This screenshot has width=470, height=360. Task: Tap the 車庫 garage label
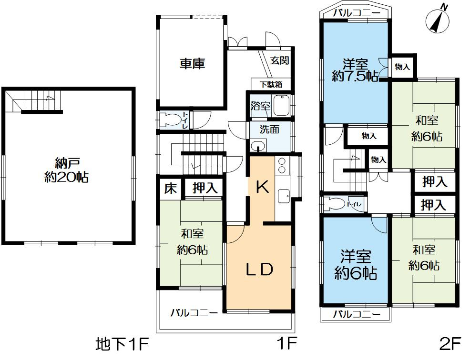point(192,63)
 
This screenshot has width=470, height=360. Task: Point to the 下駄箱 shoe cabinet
point(270,84)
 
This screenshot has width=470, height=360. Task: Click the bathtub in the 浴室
point(281,105)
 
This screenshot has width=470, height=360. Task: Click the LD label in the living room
point(259,270)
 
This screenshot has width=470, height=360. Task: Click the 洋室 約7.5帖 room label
point(355,70)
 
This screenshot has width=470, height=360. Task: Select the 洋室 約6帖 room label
point(356,265)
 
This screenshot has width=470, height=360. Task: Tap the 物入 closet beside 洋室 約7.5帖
point(403,67)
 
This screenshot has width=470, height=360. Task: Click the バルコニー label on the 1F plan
point(194,313)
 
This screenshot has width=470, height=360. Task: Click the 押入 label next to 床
point(204,188)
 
